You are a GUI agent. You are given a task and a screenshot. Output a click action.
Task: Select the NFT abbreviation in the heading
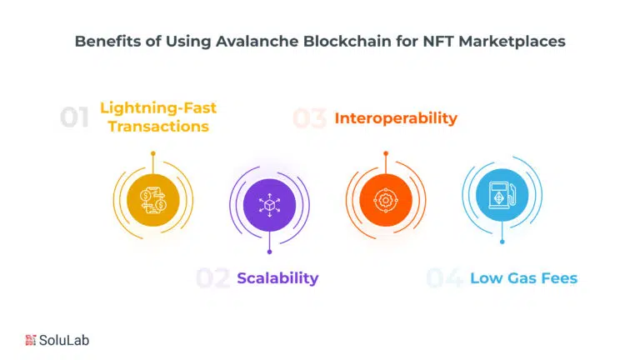coord(438,41)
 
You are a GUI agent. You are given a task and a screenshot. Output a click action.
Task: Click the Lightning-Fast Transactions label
coord(158,117)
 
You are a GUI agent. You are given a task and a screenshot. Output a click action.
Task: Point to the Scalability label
coord(277,278)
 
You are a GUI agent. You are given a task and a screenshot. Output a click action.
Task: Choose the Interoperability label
coord(396,118)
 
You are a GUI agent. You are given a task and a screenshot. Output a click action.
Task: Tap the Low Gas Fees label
coord(523,278)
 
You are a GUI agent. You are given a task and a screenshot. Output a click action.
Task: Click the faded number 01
coord(74,118)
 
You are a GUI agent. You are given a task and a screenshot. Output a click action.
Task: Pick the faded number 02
coord(212,278)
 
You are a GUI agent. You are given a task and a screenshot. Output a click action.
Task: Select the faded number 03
coord(309,118)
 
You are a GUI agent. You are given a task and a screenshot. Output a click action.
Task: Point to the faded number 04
coord(444,278)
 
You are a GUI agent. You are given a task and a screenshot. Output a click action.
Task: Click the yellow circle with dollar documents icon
coord(153,200)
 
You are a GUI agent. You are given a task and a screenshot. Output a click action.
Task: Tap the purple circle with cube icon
coord(269,205)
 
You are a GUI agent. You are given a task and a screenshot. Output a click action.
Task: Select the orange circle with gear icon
coord(386,200)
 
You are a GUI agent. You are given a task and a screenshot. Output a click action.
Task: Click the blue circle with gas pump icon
coord(502,195)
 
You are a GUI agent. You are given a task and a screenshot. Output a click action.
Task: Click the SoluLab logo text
coord(64,340)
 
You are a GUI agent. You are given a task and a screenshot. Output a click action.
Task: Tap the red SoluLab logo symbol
coord(31,340)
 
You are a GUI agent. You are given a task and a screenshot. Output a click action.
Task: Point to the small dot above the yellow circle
coord(153,153)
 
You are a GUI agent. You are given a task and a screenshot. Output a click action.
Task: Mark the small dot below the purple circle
coord(269,252)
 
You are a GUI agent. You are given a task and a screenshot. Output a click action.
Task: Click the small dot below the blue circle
coord(502,242)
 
